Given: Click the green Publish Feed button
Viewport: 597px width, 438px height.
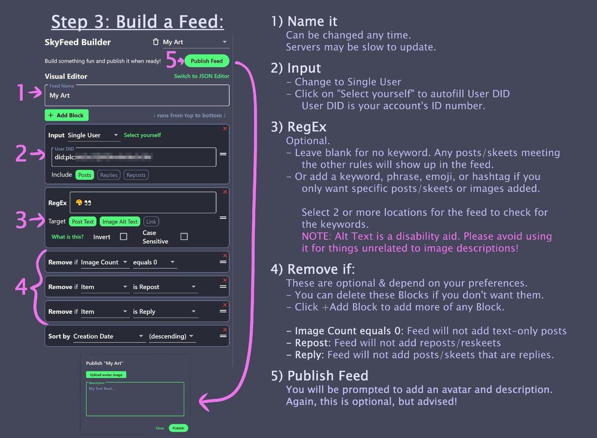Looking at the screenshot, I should [207, 61].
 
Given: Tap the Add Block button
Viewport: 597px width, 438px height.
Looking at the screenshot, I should [67, 115].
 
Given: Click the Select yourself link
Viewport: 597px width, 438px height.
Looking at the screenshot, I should [142, 135].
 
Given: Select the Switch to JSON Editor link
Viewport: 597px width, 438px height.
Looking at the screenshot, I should [201, 76].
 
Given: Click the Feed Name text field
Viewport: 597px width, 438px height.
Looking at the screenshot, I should [137, 95].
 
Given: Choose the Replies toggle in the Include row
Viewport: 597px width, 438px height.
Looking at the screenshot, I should [109, 175].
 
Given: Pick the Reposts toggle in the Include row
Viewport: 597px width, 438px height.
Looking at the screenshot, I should [136, 175].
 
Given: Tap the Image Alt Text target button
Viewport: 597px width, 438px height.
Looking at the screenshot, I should [120, 222].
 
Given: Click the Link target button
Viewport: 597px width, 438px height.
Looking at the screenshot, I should [151, 222].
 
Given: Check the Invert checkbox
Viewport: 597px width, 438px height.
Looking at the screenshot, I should [123, 236].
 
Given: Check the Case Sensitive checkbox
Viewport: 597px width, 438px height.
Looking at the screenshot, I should [184, 236].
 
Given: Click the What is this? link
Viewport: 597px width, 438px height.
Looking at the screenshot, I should [68, 237].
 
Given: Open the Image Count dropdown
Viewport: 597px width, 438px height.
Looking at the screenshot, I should [105, 262].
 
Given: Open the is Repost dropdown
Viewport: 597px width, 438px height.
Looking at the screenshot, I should [164, 287].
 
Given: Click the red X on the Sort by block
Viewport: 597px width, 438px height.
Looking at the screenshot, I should [225, 329].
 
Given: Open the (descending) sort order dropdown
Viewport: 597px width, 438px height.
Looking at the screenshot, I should [172, 336].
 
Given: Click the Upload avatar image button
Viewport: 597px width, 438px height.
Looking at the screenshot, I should [106, 375].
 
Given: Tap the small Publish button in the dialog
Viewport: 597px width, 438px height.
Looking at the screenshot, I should [178, 428].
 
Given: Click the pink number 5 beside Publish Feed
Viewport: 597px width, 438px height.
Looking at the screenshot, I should [172, 59].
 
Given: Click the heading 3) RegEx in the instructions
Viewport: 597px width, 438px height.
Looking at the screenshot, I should [298, 127].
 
